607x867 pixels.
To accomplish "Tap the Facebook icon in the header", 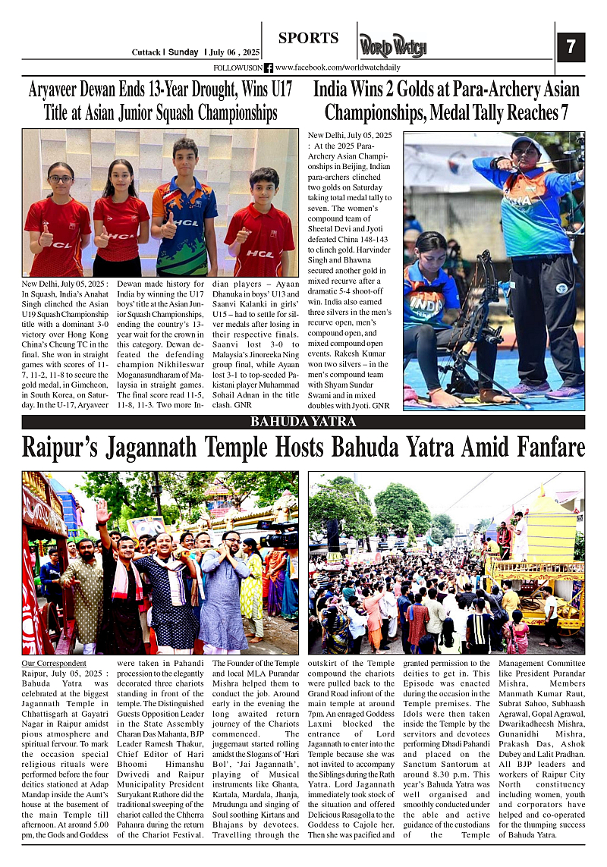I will (x=269, y=68).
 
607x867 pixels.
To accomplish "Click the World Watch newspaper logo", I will (x=393, y=47).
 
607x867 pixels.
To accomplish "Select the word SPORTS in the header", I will (x=308, y=39).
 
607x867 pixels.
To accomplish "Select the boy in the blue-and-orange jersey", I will (x=184, y=209).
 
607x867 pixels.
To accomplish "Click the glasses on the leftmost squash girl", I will (x=60, y=179).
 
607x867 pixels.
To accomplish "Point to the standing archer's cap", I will (x=524, y=143).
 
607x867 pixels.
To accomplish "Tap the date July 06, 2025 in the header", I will (x=233, y=52).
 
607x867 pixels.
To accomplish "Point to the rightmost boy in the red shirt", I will (x=260, y=224).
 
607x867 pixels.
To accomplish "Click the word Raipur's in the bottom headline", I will (x=68, y=447).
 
